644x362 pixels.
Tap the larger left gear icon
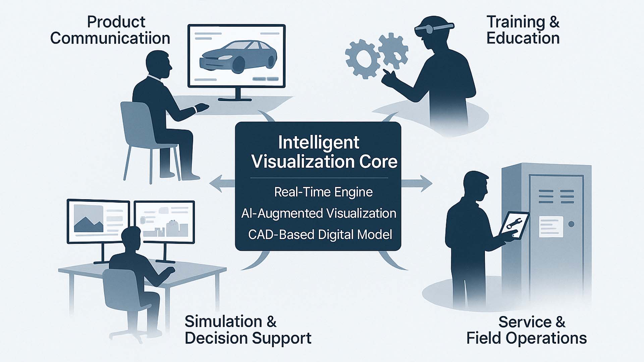[x=362, y=59]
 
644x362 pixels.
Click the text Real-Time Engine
[x=323, y=192]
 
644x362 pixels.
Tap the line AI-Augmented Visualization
[x=319, y=214]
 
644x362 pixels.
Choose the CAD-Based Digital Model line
[x=320, y=235]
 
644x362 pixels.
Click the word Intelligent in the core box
[x=319, y=143]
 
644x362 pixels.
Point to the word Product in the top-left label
[x=116, y=22]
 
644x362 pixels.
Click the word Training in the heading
[x=516, y=22]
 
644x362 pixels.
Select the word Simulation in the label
[x=223, y=322]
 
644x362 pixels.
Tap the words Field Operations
[x=527, y=338]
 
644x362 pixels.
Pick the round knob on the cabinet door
[x=571, y=224]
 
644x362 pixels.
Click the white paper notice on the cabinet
[x=551, y=227]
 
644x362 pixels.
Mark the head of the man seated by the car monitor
[x=158, y=63]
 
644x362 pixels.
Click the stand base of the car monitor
[x=235, y=99]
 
